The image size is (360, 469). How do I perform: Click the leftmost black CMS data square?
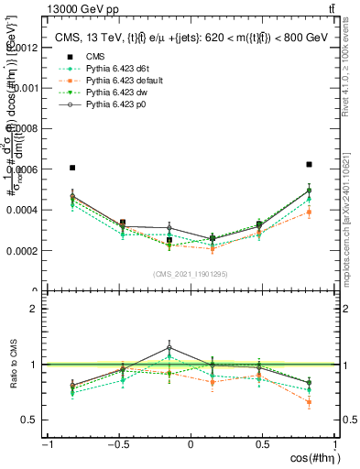coord(72,168)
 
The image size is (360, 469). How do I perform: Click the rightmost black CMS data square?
coord(309,165)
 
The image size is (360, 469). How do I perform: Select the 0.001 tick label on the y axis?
coord(27,88)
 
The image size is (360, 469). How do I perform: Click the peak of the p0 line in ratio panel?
coord(169,347)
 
